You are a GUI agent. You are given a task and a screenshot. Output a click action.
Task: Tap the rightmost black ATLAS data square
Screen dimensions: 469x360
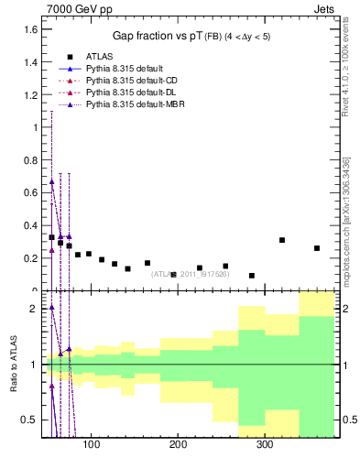tap(317, 248)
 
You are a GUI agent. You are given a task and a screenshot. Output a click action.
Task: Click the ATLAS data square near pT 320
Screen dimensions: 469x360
tap(282, 240)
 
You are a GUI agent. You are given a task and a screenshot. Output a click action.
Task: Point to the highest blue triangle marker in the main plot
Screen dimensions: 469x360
tap(52, 181)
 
